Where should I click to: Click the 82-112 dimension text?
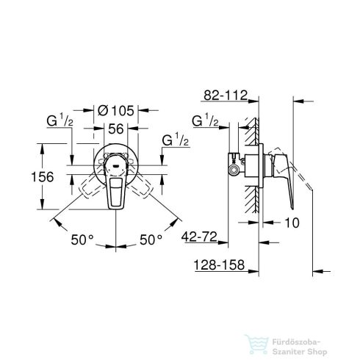click(x=226, y=94)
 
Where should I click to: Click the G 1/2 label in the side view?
click(x=204, y=120)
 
